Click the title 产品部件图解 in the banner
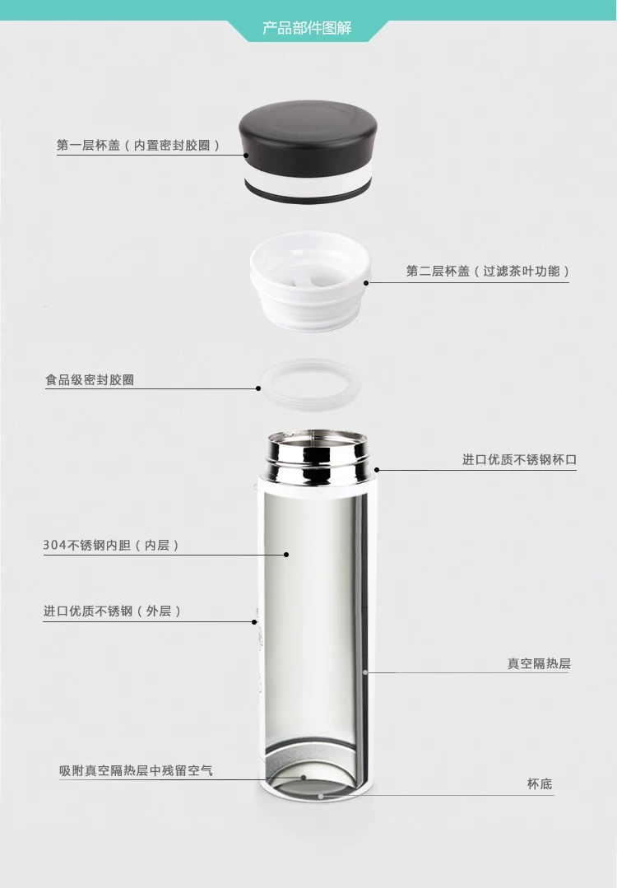307,28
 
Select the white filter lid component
310,281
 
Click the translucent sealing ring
310,384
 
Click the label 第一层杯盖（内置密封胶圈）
138,145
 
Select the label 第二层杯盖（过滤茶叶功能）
488,272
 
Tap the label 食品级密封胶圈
90,379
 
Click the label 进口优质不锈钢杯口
520,460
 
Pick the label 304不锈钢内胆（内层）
112,546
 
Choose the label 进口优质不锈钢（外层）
112,611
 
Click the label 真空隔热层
539,663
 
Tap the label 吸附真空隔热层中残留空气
136,771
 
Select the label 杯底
540,783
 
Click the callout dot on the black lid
246,155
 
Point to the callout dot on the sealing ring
258,388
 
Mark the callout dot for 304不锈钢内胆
286,555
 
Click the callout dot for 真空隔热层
365,672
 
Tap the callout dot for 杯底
320,796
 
